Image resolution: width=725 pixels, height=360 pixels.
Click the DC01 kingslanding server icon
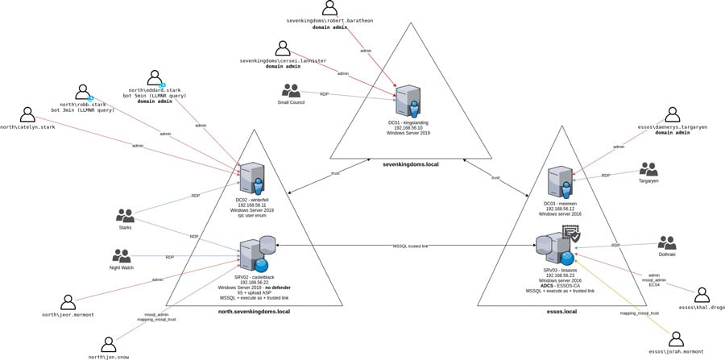(408, 101)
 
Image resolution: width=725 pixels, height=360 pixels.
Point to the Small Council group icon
(290, 91)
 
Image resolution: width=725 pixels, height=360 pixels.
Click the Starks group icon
(125, 215)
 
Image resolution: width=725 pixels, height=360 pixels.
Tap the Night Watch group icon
(122, 255)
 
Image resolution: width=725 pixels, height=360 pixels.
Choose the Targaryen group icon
(649, 169)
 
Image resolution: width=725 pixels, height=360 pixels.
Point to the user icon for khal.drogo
(702, 295)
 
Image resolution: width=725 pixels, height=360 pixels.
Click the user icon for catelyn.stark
(28, 115)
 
